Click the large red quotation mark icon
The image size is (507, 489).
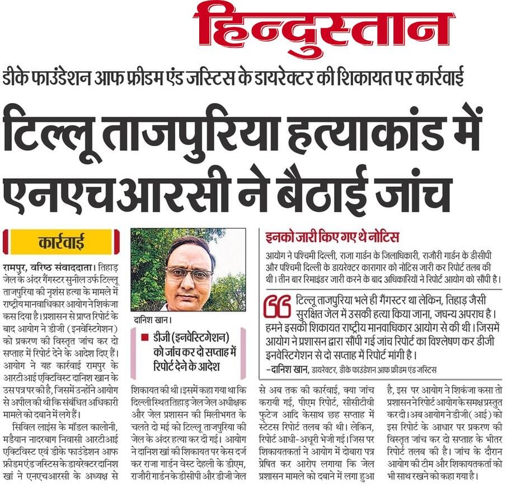coord(276,308)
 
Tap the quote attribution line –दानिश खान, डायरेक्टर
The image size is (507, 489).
coord(352,367)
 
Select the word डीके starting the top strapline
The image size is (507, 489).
coord(16,77)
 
